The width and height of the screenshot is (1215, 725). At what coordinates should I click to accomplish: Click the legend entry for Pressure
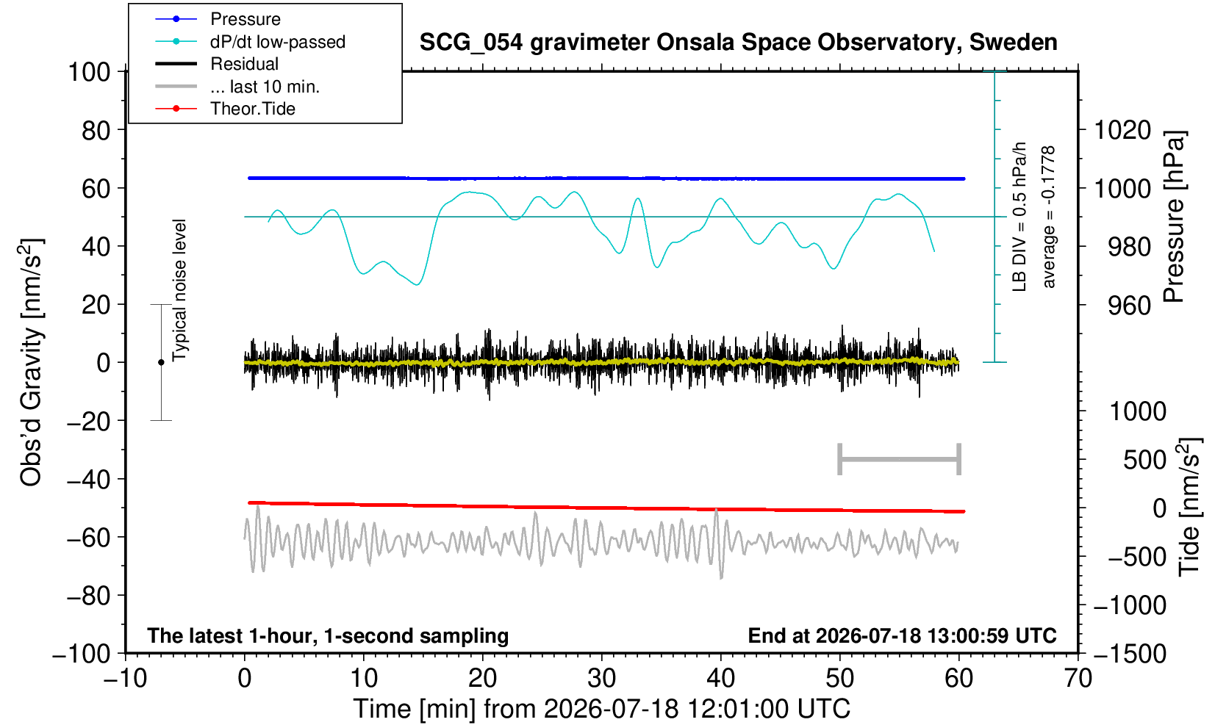pyautogui.click(x=245, y=20)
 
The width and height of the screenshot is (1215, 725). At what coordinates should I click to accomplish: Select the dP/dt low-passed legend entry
pyautogui.click(x=278, y=42)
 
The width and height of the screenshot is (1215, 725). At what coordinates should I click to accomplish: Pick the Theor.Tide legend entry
pyautogui.click(x=253, y=109)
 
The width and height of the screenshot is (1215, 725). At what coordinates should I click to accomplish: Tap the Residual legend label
pyautogui.click(x=244, y=64)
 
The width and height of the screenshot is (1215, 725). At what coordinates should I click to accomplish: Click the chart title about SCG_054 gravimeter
pyautogui.click(x=738, y=42)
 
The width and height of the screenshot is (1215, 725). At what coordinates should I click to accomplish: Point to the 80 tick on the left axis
pyautogui.click(x=96, y=130)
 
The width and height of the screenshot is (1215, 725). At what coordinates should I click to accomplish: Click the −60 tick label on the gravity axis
pyautogui.click(x=88, y=538)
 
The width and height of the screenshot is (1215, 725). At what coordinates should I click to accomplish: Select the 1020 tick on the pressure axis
pyautogui.click(x=1122, y=130)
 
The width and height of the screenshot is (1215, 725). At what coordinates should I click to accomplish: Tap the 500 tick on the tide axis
pyautogui.click(x=1144, y=460)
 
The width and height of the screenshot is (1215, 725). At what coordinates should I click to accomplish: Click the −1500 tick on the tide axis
pyautogui.click(x=1130, y=654)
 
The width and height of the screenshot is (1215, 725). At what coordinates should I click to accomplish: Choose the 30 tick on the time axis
pyautogui.click(x=601, y=679)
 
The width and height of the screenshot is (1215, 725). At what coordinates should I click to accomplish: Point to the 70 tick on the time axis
pyautogui.click(x=1078, y=679)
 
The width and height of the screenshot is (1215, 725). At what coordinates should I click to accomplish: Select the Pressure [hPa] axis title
pyautogui.click(x=1175, y=217)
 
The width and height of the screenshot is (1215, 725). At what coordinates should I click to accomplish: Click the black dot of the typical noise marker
pyautogui.click(x=161, y=362)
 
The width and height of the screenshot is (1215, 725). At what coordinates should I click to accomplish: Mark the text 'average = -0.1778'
pyautogui.click(x=1048, y=217)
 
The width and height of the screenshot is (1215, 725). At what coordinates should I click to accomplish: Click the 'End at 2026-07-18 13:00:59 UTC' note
pyautogui.click(x=902, y=635)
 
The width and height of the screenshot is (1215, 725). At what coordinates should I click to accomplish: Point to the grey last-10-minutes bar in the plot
pyautogui.click(x=900, y=459)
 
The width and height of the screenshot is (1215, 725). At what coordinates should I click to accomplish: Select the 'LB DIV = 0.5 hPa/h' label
pyautogui.click(x=1019, y=217)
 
